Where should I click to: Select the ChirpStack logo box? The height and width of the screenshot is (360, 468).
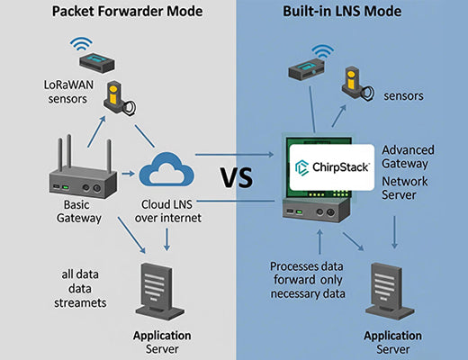click(x=330, y=167)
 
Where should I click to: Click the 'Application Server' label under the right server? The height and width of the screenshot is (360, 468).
click(x=391, y=340)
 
